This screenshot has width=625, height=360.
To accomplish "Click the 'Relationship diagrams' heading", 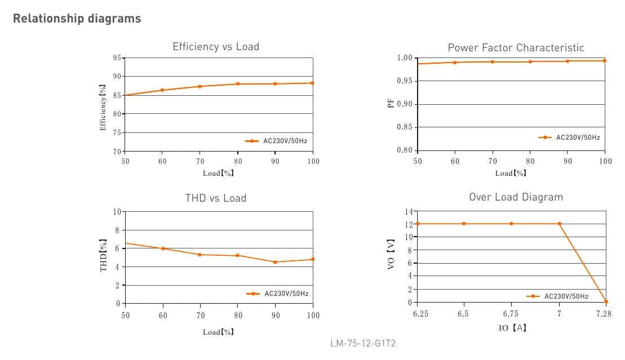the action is coord(77,19).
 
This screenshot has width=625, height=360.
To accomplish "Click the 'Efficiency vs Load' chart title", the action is coord(216,47).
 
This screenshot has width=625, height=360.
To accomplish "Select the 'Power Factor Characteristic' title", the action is coord(516,48).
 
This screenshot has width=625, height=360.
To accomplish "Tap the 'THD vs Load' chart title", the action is coord(216,198).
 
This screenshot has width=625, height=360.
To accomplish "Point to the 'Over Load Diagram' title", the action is coord(516,197).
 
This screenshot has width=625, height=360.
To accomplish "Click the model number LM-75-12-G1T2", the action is coord(363,343).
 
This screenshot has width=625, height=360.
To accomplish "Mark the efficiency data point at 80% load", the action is coord(238,84).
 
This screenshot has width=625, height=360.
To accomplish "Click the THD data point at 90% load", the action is coord(275,262).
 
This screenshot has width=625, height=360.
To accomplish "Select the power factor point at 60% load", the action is coord(455,63).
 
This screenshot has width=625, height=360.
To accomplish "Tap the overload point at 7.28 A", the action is coord(606,302).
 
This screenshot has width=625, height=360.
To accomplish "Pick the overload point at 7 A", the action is coord(559,224).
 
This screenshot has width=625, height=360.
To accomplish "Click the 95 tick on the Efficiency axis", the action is coord(117,58).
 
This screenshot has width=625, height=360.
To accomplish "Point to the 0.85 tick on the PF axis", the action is coord(405,127).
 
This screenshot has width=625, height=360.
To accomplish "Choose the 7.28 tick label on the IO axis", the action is coord(604,314).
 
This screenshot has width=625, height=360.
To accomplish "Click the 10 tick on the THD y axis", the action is coord(117,212).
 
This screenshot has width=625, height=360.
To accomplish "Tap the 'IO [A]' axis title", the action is coord(513,328).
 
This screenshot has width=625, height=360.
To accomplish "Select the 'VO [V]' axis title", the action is coord(391,254).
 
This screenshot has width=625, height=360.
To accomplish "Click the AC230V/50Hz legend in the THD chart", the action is coord(277,294).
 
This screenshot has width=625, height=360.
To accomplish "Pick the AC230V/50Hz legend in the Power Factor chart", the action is coord(569,137).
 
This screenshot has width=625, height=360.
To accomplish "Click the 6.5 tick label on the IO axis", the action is coord(463,314).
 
